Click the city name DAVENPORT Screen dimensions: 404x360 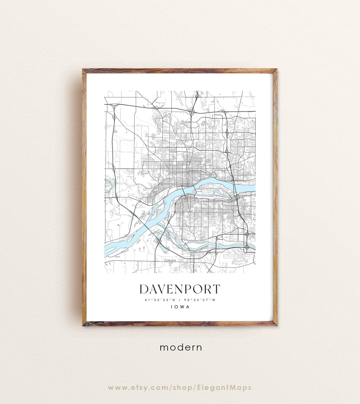[x=180, y=289]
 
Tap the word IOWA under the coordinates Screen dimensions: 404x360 [x=180, y=307]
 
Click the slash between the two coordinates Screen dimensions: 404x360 [x=180, y=300]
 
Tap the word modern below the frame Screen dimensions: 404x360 [x=181, y=347]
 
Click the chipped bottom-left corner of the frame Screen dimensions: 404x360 [x=85, y=324]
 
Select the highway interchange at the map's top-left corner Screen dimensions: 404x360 [x=114, y=106]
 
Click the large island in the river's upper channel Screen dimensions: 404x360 [x=213, y=186]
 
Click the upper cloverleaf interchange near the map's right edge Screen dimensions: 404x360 [x=247, y=235]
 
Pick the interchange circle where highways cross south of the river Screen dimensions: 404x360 [x=160, y=240]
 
